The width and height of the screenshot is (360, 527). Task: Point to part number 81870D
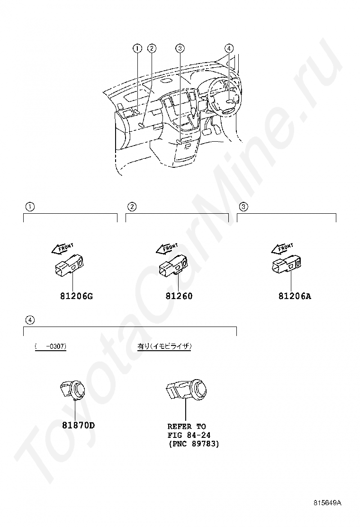pos(78,425)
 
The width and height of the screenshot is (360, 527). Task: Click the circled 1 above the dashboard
pos(137,48)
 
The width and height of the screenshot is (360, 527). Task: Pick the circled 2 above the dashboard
pos(152,48)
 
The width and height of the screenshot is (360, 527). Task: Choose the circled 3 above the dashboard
pos(180,48)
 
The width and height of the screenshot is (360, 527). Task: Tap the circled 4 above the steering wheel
pos(229,48)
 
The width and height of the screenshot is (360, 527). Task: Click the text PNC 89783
pos(194,444)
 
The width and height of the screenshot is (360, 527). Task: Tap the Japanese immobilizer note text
pos(164,346)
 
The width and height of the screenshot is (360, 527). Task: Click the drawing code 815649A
pos(327,502)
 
